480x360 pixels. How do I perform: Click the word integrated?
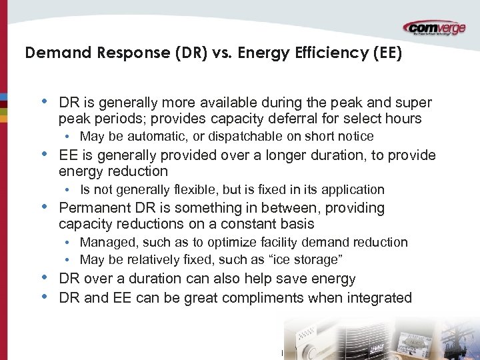click(379, 298)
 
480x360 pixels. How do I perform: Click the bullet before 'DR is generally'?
click(44, 103)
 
